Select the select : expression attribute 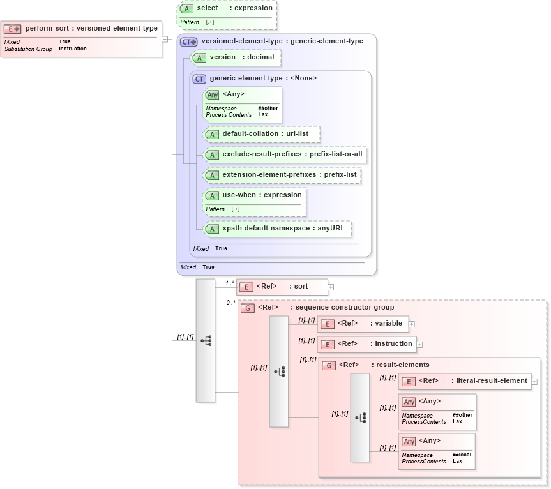coord(234,8)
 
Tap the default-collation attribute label coord(250,134)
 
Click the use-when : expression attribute coord(262,195)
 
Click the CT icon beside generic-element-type coord(199,79)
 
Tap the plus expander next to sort coord(331,287)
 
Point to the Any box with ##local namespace coord(436,451)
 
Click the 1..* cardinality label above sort coord(230,283)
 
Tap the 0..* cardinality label coord(230,303)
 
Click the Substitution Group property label coord(28,49)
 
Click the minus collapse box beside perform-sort coord(165,39)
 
